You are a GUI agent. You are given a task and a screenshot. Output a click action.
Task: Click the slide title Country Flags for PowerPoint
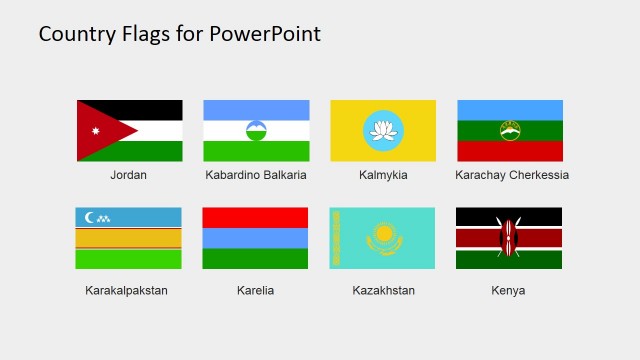(180, 34)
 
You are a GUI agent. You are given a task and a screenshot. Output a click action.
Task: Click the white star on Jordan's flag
(96, 131)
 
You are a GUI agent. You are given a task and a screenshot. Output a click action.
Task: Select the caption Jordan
(128, 175)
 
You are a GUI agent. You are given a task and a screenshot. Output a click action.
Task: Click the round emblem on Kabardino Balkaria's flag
(256, 130)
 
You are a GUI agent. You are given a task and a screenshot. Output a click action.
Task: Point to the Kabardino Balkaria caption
(256, 175)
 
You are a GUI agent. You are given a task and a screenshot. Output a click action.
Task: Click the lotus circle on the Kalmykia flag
(383, 130)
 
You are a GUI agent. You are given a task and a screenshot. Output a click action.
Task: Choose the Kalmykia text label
(383, 175)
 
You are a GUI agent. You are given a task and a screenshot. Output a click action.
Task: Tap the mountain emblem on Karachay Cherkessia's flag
(510, 130)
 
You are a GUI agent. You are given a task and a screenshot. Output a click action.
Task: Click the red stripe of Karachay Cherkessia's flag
(510, 151)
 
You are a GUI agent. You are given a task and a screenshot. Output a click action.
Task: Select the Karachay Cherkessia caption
(511, 175)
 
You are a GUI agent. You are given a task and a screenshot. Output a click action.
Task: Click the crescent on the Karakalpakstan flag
(91, 217)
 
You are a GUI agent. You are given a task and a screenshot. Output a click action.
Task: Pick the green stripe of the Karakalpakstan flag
(128, 259)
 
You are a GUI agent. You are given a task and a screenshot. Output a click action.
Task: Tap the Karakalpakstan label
(127, 291)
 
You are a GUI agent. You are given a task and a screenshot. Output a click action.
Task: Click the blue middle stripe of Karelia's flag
(255, 238)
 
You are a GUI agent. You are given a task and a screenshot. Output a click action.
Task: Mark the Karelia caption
(255, 291)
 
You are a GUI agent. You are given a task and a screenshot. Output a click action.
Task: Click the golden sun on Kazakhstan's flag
(384, 236)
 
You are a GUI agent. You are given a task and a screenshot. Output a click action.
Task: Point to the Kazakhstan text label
(383, 291)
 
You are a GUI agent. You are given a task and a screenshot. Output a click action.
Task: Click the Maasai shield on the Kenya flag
(508, 238)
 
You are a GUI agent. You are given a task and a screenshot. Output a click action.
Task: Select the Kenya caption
(508, 291)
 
